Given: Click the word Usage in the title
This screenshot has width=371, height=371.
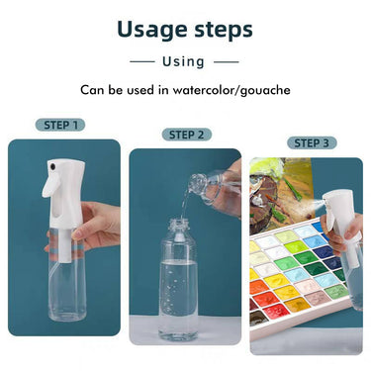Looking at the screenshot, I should [x=149, y=30].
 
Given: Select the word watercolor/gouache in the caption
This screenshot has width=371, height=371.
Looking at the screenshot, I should [x=240, y=90].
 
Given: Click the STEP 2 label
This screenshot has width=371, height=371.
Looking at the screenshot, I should [x=186, y=135].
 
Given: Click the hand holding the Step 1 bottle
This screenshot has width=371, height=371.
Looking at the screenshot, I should [x=99, y=226].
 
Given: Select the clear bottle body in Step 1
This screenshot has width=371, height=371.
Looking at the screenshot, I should [x=63, y=282].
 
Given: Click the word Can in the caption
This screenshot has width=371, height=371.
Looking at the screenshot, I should [x=93, y=90].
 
